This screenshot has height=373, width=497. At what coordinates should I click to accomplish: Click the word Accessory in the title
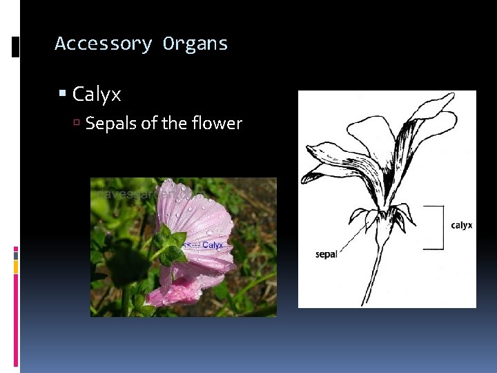tap(103, 44)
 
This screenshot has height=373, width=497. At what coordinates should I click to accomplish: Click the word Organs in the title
tap(195, 44)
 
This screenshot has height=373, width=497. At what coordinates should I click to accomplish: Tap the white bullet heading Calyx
tap(97, 94)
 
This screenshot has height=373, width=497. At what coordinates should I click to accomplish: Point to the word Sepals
tap(108, 124)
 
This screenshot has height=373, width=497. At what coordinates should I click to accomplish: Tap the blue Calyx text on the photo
tap(212, 245)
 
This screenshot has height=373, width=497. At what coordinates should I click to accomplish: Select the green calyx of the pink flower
tap(168, 245)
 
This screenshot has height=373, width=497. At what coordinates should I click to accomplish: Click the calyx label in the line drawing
tap(461, 225)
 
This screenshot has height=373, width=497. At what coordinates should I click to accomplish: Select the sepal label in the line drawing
tap(326, 254)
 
